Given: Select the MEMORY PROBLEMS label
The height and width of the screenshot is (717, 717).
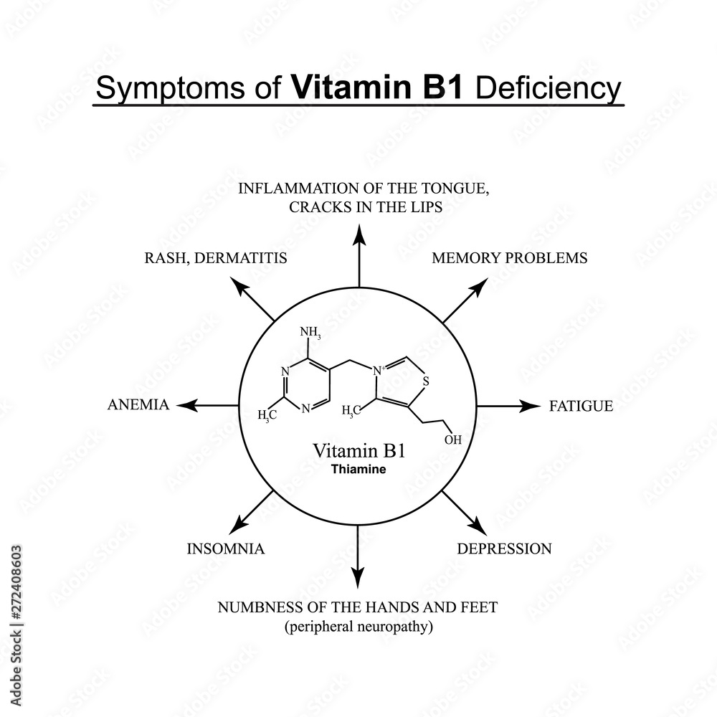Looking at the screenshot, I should coord(509,258).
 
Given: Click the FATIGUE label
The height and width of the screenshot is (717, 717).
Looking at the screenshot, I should coord(581,407).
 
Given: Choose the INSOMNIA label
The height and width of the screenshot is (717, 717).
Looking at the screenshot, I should coord(226,550).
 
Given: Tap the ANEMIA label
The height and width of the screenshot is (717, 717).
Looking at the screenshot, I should coord(138,405).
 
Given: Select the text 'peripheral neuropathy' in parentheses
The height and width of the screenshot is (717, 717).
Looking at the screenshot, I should coord(358,627).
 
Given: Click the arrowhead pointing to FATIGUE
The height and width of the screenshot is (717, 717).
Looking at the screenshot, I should coord(531,406).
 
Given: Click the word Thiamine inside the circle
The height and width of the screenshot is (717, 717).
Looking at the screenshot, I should coord(358,470).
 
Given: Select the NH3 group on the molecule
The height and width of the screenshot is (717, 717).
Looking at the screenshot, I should coord(310,333).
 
